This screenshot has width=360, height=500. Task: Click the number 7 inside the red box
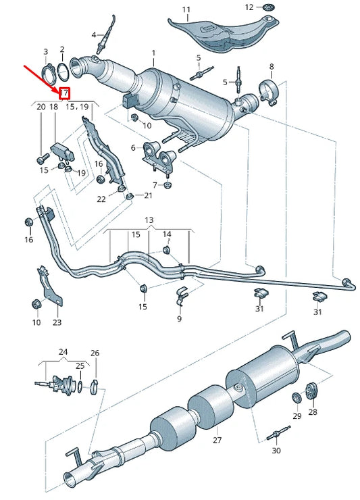65,93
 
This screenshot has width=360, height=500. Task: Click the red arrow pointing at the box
40,76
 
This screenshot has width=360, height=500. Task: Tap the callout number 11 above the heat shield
186,10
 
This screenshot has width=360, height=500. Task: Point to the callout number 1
153,53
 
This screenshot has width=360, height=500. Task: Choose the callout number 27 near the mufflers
217,440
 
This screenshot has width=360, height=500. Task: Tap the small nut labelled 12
268,7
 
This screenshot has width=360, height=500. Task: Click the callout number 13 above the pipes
149,221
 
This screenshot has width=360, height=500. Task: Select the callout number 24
63,352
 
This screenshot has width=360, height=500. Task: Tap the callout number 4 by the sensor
94,34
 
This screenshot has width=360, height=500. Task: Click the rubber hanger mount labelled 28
312,391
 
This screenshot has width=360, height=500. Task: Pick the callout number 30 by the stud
276,450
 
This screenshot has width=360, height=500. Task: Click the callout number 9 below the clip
180,318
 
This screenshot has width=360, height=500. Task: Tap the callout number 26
95,353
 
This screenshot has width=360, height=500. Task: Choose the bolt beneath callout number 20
41,160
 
